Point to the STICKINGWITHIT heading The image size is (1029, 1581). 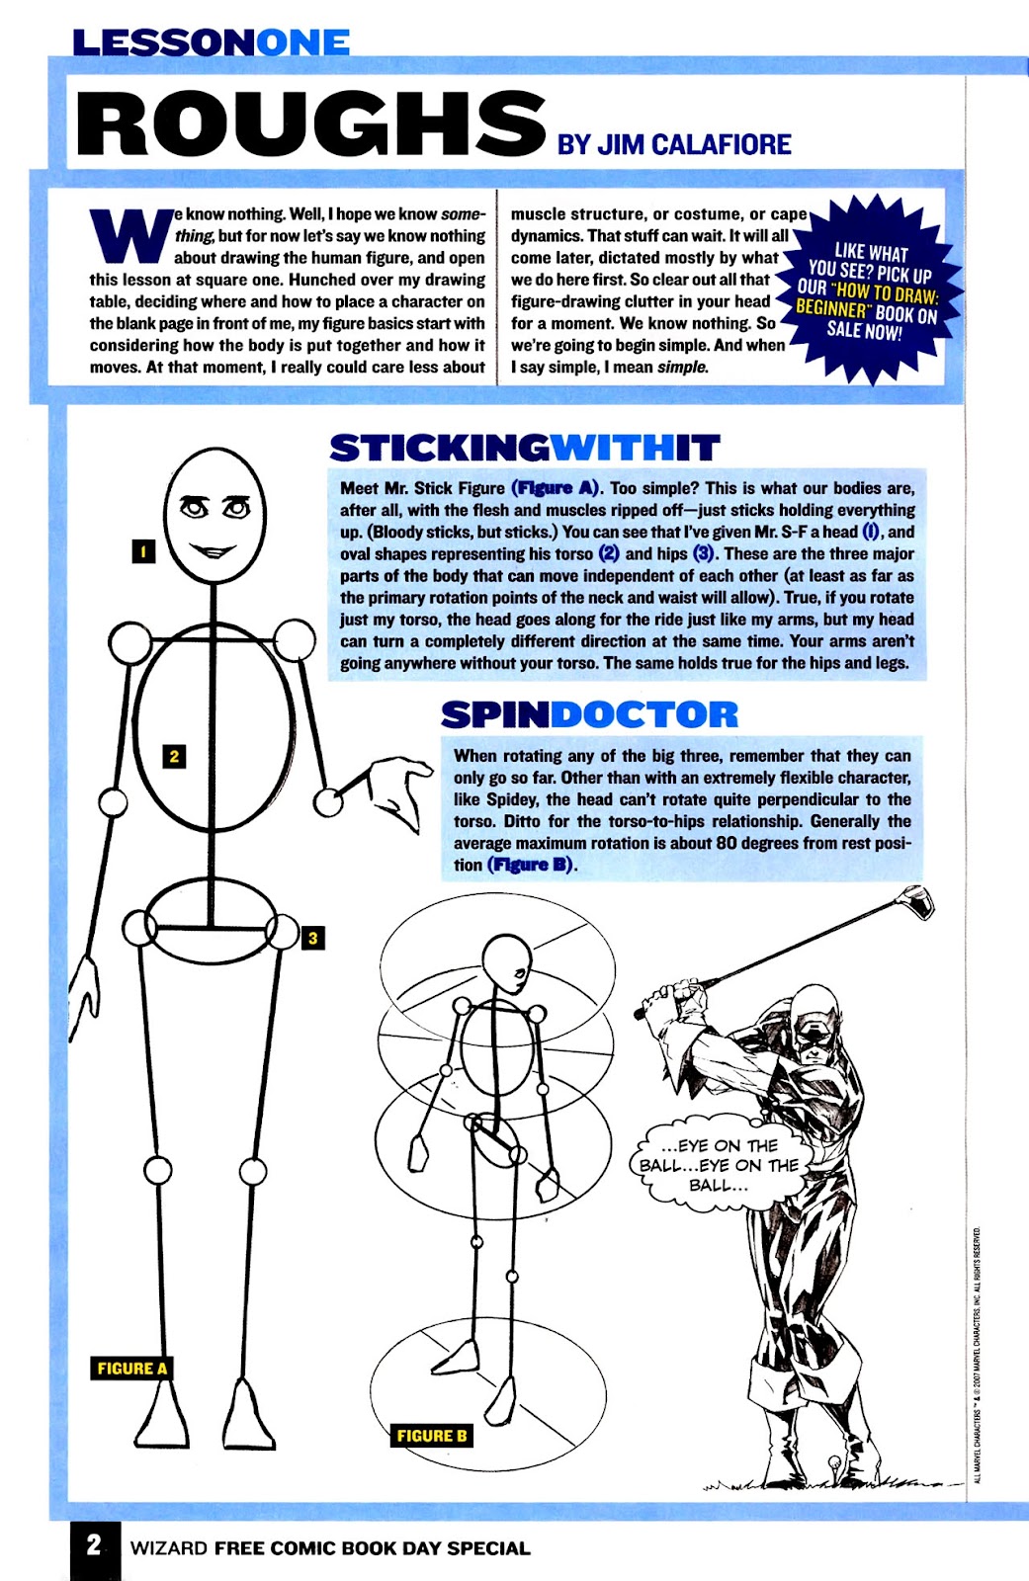pyautogui.click(x=524, y=448)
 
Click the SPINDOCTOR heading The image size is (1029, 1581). pyautogui.click(x=589, y=714)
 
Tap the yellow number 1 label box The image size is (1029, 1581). pyautogui.click(x=143, y=551)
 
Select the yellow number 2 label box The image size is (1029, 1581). pyautogui.click(x=174, y=757)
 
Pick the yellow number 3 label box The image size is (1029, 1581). pyautogui.click(x=312, y=938)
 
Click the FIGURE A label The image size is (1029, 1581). pyautogui.click(x=132, y=1369)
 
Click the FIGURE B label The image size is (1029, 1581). pyautogui.click(x=431, y=1436)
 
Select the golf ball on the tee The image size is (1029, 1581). pyautogui.click(x=834, y=1460)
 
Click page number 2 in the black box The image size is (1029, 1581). pyautogui.click(x=94, y=1546)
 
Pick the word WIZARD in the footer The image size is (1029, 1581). pyautogui.click(x=168, y=1548)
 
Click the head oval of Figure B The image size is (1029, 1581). pyautogui.click(x=507, y=962)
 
